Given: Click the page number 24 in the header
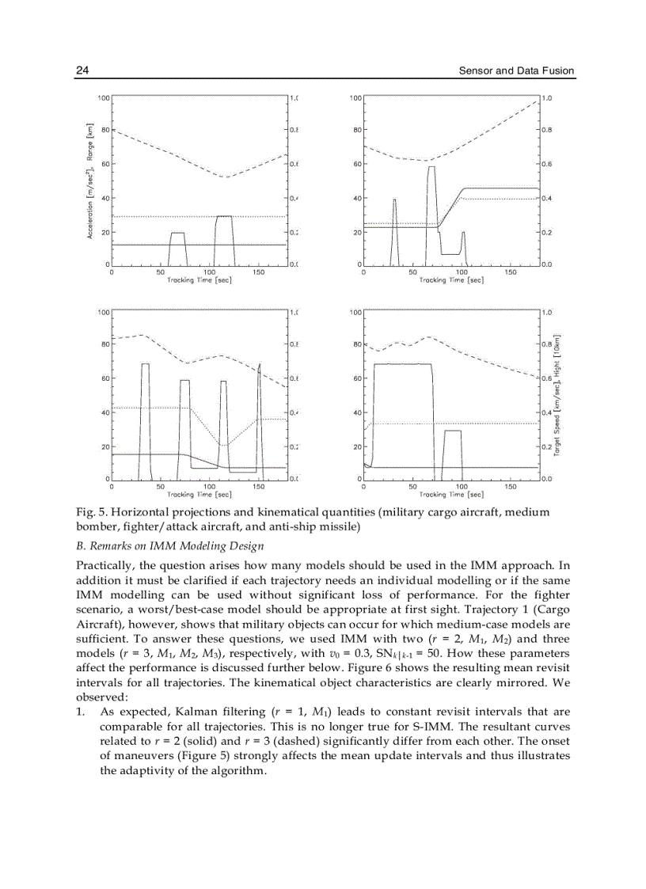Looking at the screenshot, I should click(82, 71).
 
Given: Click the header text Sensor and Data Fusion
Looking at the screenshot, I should click(516, 71).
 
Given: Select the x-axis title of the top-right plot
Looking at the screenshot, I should click(450, 280).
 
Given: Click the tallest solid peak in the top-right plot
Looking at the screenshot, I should click(431, 168).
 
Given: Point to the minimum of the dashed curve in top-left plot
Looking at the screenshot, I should click(226, 177).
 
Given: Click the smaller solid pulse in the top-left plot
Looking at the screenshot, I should click(178, 234).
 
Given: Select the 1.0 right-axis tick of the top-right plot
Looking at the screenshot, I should click(546, 97).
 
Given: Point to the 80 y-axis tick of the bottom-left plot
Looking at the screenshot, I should click(104, 344).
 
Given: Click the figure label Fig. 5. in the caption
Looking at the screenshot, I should click(89, 513).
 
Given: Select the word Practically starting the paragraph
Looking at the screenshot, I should click(105, 565).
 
